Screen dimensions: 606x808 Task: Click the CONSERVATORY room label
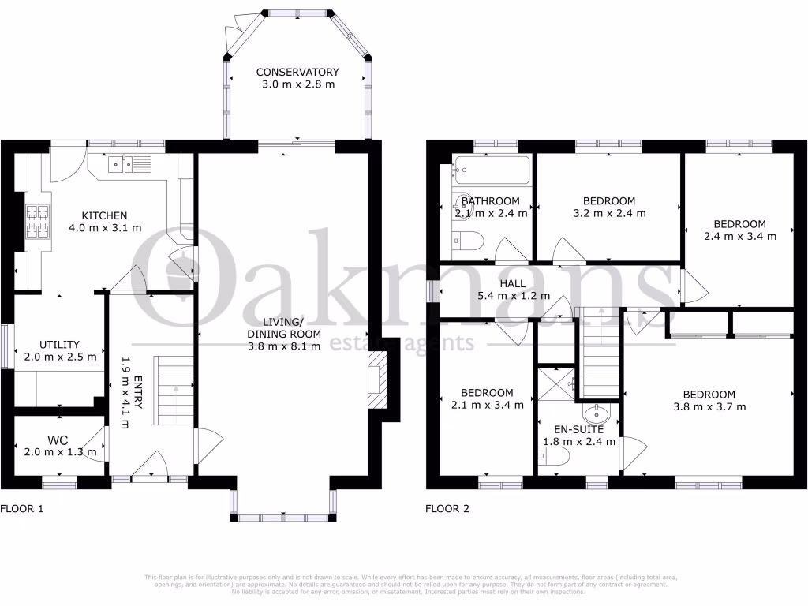[x=297, y=72]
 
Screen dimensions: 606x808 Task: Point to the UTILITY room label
[x=60, y=344]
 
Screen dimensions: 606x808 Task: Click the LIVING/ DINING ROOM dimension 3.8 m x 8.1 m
[x=285, y=346]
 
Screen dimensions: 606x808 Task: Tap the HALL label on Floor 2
[x=512, y=284]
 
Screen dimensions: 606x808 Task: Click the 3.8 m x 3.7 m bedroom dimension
[x=709, y=407]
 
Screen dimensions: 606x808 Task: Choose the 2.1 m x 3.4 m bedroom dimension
[x=487, y=406]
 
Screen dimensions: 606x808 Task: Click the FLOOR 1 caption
[x=22, y=509]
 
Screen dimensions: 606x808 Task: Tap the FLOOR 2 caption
[x=447, y=509]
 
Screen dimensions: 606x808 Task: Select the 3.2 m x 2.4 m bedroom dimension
[x=608, y=213]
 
